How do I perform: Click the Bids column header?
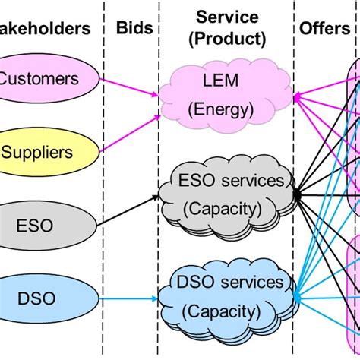134,29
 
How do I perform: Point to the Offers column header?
319,29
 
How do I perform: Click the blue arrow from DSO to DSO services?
129,298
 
